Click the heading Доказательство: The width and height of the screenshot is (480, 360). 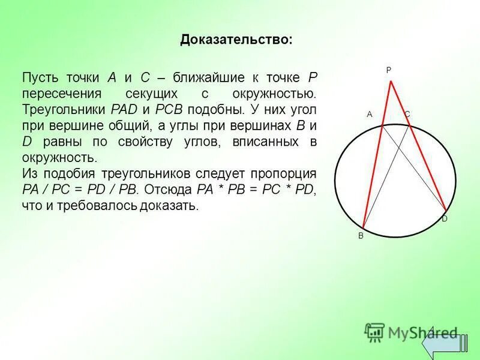coord(236,40)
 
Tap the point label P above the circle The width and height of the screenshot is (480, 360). coord(388,70)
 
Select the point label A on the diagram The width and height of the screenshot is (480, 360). coord(370,114)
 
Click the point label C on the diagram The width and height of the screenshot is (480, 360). coord(407,113)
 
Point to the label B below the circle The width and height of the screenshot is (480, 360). coord(361,236)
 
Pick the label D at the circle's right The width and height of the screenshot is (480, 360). coord(445,219)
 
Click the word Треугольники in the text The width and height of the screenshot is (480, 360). coord(64,110)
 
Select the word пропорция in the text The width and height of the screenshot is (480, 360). coord(282,173)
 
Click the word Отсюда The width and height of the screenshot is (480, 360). coord(169,190)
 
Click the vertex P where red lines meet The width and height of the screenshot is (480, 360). coord(391,80)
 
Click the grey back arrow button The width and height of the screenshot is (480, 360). coord(443,343)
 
